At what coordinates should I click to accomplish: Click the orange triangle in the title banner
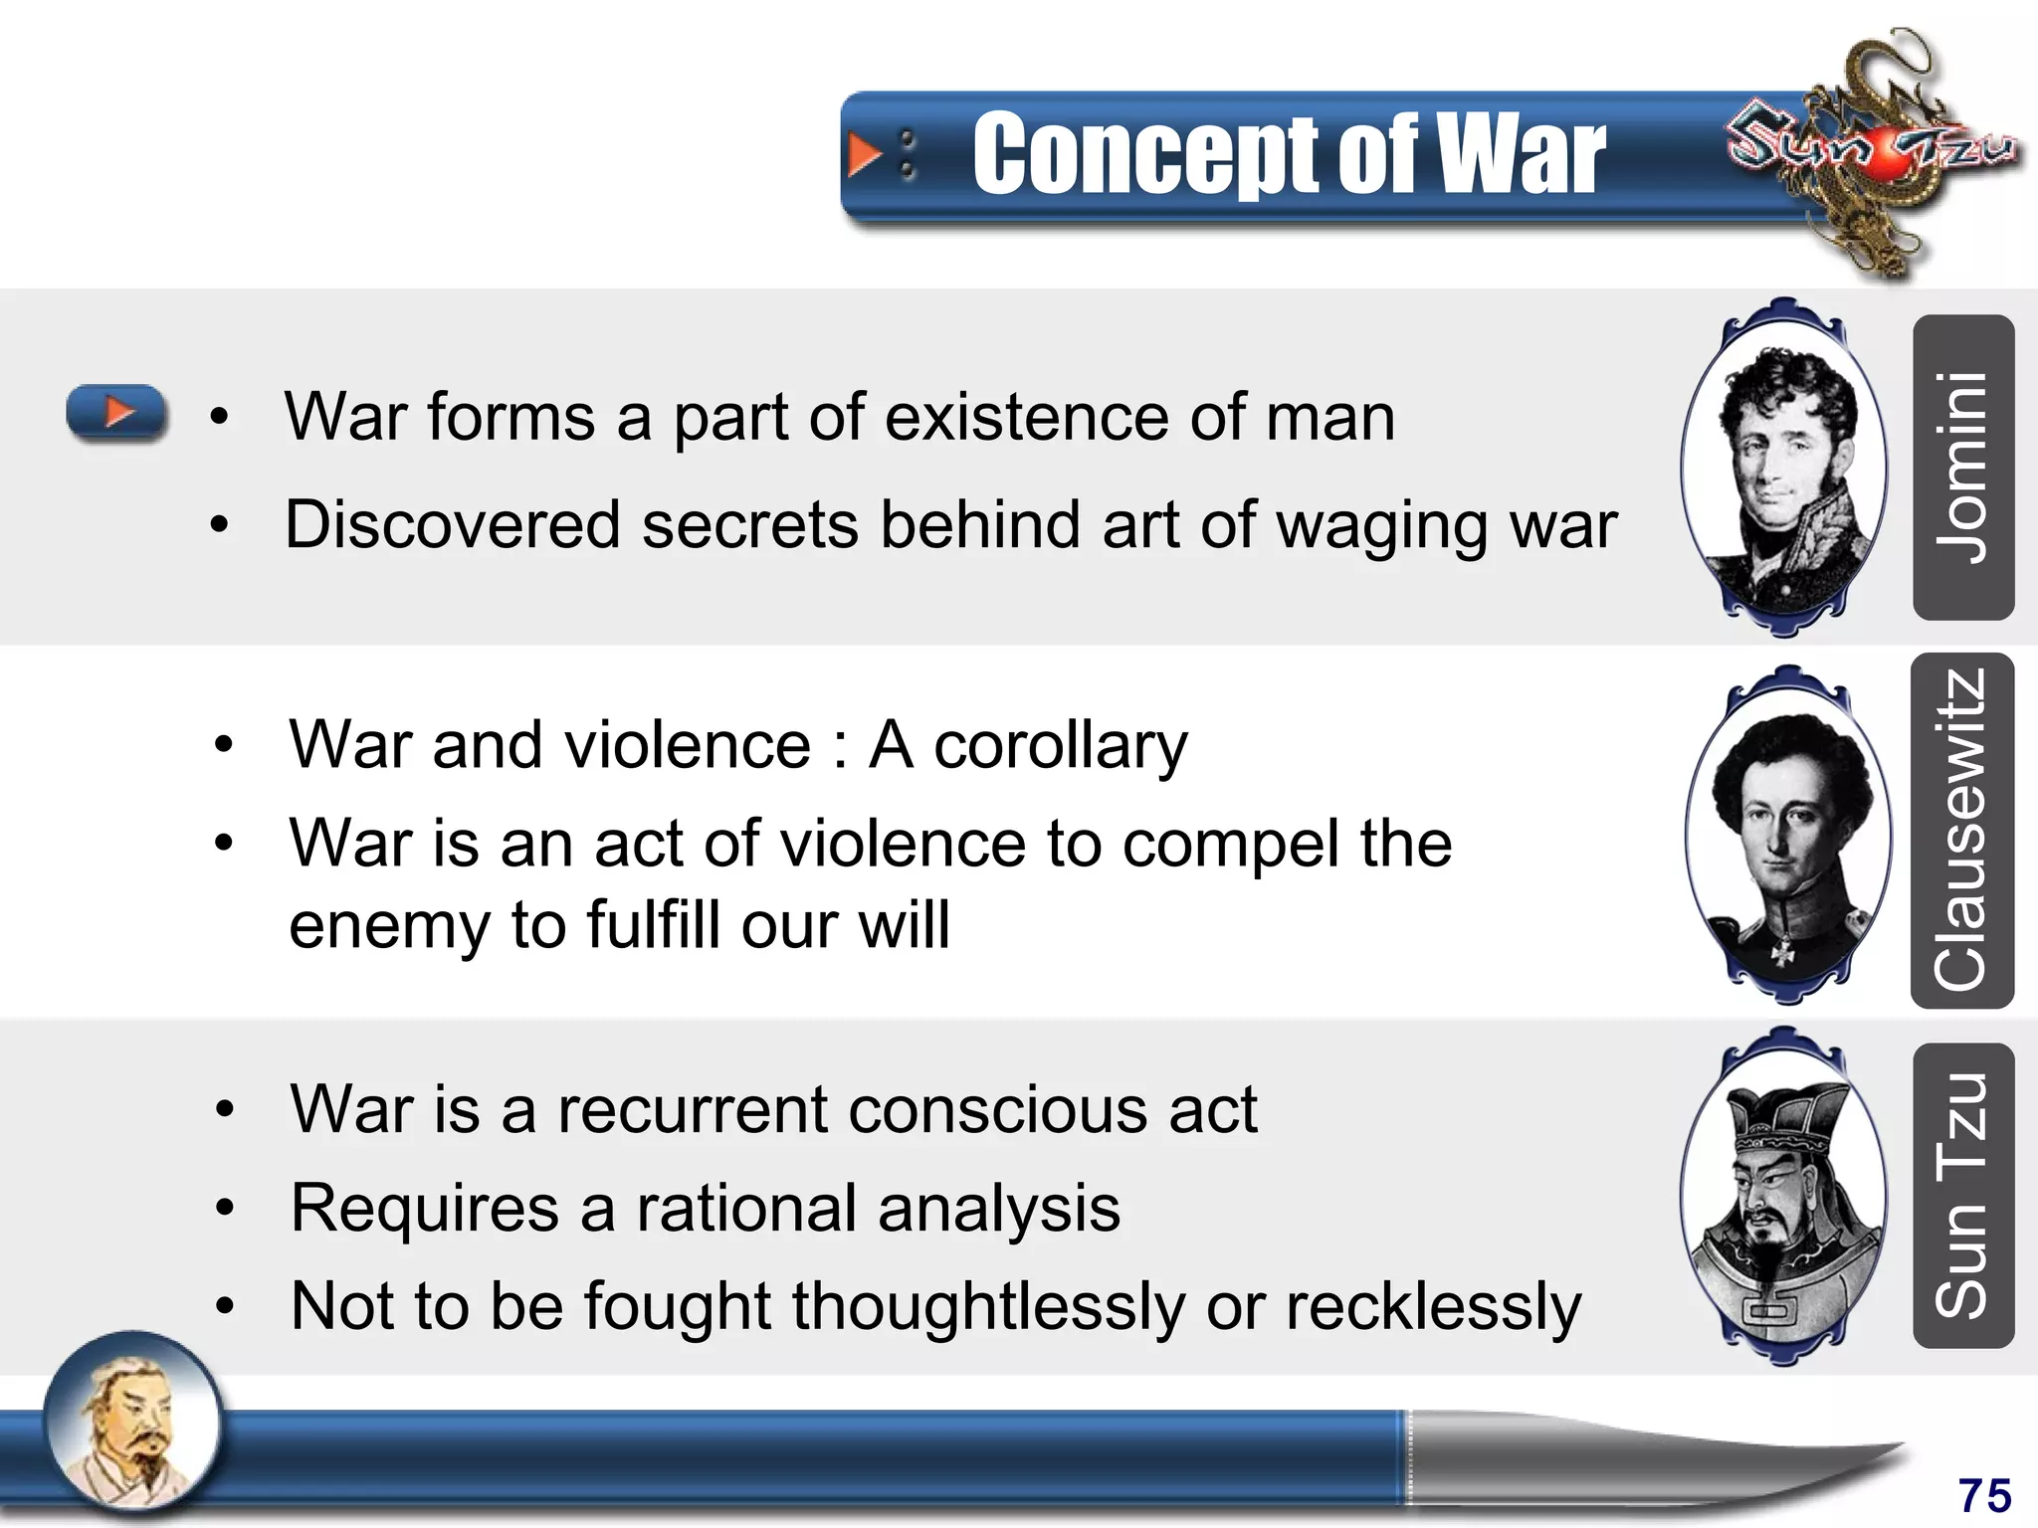click(x=864, y=155)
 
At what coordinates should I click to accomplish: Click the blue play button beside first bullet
click(x=116, y=412)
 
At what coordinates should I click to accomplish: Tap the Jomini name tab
click(x=1963, y=468)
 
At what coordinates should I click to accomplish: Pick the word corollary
click(x=1061, y=746)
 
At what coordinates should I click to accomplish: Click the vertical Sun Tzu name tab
click(x=1963, y=1196)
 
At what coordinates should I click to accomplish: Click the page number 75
click(x=1984, y=1495)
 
